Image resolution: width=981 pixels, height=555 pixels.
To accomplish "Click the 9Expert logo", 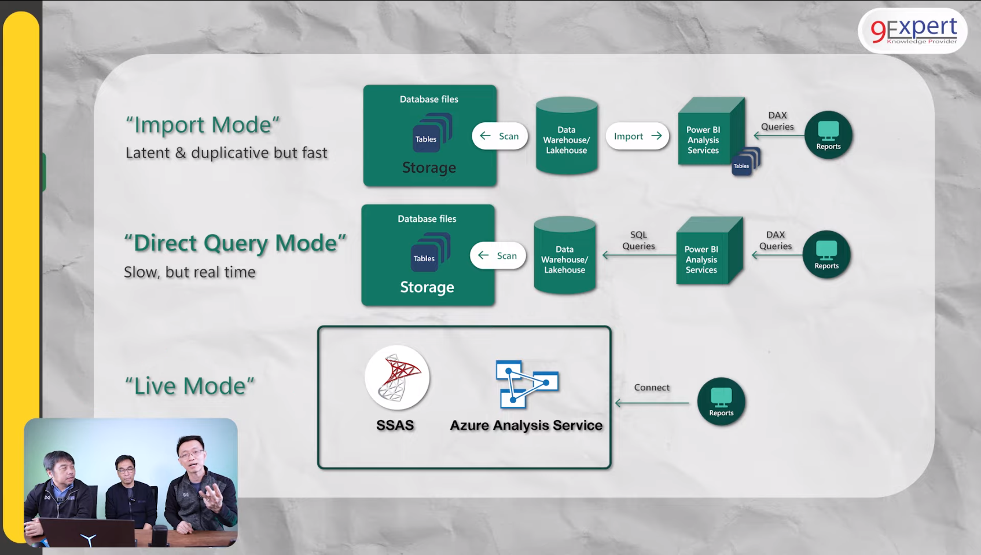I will pyautogui.click(x=913, y=31).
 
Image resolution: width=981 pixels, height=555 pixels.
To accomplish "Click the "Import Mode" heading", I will pyautogui.click(x=203, y=125).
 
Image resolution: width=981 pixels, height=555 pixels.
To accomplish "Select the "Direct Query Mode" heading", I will pyautogui.click(x=235, y=243).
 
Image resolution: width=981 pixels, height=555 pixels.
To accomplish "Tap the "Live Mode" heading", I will pyautogui.click(x=190, y=386).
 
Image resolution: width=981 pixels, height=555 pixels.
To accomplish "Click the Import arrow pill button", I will pyautogui.click(x=637, y=136).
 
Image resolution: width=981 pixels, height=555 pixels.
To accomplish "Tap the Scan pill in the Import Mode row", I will pyautogui.click(x=500, y=136).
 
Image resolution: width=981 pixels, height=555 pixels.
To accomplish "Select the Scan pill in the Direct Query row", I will pyautogui.click(x=498, y=256).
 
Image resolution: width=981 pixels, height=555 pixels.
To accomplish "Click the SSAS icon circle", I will pyautogui.click(x=397, y=378).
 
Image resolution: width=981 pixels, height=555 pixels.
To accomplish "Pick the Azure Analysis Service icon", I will pyautogui.click(x=526, y=384).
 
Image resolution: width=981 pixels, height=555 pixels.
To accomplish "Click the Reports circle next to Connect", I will pyautogui.click(x=721, y=401).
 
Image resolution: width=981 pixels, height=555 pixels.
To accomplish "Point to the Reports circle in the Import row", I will pyautogui.click(x=828, y=135).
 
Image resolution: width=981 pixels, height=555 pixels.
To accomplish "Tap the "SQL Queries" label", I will pyautogui.click(x=638, y=240).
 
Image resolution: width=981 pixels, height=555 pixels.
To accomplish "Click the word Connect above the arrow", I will pyautogui.click(x=652, y=388).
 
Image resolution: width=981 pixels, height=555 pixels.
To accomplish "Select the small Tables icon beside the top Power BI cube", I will pyautogui.click(x=744, y=163).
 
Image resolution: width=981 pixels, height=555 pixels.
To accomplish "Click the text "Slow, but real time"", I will pyautogui.click(x=190, y=272).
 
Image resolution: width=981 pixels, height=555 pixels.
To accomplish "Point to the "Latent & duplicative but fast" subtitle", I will pyautogui.click(x=226, y=153).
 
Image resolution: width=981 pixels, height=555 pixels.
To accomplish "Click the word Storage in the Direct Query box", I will pyautogui.click(x=427, y=287).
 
